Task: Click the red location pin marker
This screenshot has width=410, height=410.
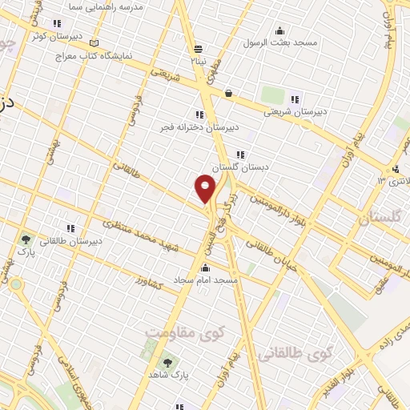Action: [205, 188]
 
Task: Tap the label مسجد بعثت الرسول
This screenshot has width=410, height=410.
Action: [284, 41]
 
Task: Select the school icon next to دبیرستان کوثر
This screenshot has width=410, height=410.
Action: [56, 24]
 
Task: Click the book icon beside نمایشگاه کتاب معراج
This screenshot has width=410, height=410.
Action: [96, 42]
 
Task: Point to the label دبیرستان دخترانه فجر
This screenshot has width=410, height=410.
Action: [202, 127]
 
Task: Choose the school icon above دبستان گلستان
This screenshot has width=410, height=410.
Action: [239, 155]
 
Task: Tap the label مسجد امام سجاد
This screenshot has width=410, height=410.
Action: [207, 281]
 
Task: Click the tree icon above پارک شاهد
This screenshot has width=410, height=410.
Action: [168, 362]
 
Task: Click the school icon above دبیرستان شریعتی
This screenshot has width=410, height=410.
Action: [295, 100]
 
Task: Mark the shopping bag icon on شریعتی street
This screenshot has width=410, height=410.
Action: [229, 93]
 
